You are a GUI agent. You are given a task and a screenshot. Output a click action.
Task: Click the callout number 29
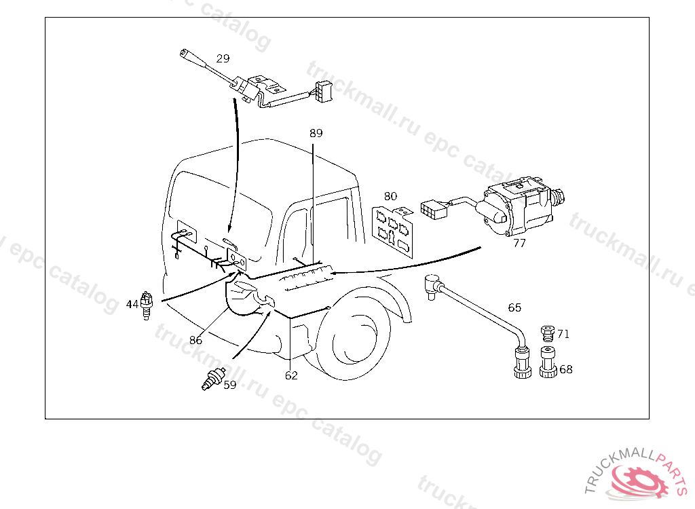click(x=223, y=58)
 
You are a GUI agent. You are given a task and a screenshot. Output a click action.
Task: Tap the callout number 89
click(x=316, y=133)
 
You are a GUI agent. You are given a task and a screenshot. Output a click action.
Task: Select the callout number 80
click(x=390, y=196)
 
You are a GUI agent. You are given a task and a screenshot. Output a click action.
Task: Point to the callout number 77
click(x=519, y=243)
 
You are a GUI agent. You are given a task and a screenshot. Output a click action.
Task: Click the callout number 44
click(x=132, y=304)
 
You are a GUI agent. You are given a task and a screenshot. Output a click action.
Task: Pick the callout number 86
click(x=195, y=340)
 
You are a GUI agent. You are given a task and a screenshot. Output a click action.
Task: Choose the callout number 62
click(x=291, y=375)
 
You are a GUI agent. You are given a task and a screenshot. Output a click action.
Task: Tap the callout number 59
click(x=229, y=385)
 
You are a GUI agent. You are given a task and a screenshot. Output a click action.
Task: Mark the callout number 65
click(x=514, y=307)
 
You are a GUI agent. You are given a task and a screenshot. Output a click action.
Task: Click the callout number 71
click(x=563, y=334)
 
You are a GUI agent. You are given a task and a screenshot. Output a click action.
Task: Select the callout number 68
click(x=566, y=369)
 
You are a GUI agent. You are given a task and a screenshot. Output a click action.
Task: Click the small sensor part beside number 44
click(x=147, y=305)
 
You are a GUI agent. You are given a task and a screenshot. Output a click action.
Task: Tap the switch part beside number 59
click(x=213, y=379)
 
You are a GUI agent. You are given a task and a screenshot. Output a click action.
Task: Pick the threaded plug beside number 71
click(x=548, y=333)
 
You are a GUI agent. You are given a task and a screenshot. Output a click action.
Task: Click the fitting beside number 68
click(x=548, y=362)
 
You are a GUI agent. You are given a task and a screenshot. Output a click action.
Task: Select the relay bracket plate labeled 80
click(x=393, y=231)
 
